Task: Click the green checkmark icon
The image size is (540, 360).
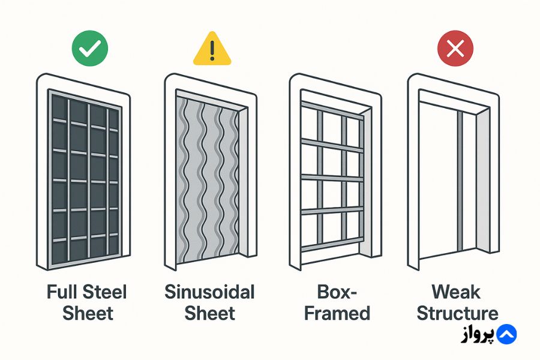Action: (90, 49)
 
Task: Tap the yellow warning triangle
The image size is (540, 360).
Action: (212, 49)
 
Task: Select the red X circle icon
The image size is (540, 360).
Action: (455, 49)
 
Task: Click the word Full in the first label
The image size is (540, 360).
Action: (61, 292)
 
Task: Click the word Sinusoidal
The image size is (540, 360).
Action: (209, 292)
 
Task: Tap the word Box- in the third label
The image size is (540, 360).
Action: (337, 292)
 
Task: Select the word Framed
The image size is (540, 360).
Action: (337, 313)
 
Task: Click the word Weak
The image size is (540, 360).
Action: (455, 292)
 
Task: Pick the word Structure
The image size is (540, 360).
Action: (457, 313)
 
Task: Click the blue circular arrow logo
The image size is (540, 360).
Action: (506, 334)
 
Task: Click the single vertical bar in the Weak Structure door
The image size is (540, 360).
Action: (460, 181)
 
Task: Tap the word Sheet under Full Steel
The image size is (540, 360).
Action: (88, 313)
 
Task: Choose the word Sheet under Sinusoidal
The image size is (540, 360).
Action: (210, 313)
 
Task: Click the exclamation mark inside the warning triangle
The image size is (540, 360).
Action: (212, 50)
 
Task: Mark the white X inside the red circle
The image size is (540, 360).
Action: (455, 49)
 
